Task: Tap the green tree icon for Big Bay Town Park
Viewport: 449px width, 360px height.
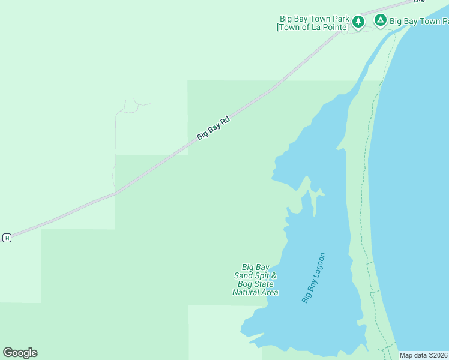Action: [358, 22]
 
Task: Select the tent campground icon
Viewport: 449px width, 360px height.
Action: [380, 20]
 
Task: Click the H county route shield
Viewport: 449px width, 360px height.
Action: [7, 238]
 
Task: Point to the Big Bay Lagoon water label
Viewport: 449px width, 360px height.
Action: [313, 277]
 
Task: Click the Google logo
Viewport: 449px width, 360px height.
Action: [20, 353]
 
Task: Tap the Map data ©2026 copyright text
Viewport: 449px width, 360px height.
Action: [424, 355]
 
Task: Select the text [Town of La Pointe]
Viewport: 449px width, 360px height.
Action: [313, 27]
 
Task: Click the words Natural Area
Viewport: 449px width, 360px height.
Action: [255, 292]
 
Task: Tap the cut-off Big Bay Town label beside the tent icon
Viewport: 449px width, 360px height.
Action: [419, 21]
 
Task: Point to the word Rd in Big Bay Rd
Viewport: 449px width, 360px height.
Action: [225, 121]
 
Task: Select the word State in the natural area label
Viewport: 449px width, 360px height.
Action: [264, 284]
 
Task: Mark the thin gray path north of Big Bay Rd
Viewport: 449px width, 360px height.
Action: [114, 171]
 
